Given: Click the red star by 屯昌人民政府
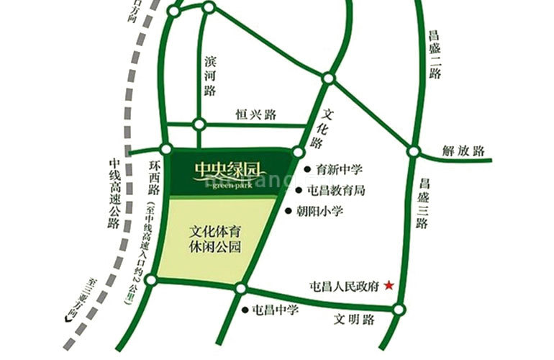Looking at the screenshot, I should (x=389, y=285).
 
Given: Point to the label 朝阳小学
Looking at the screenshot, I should (x=319, y=212).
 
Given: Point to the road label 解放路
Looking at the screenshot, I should (x=463, y=151).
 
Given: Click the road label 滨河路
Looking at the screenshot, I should (x=210, y=75).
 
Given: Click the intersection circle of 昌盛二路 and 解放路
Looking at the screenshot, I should (x=413, y=152).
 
